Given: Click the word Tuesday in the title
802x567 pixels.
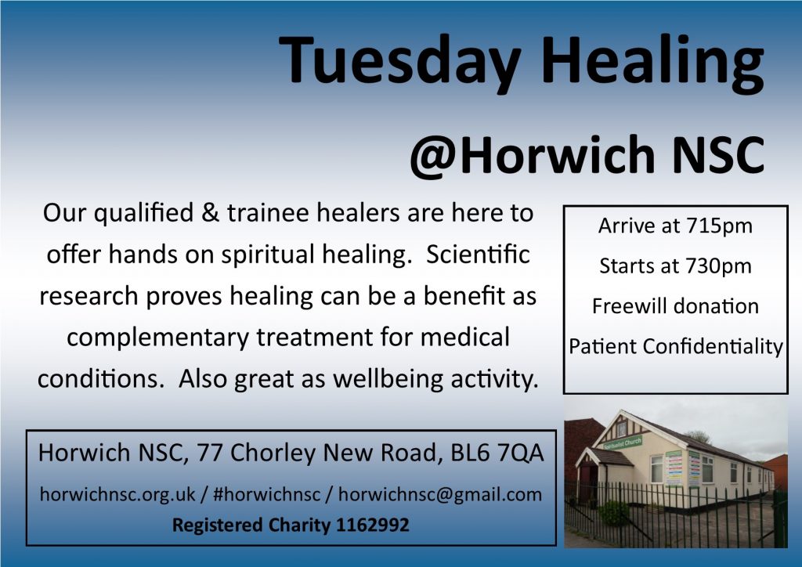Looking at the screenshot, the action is point(400,61).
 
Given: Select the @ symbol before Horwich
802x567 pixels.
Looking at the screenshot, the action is point(434,157).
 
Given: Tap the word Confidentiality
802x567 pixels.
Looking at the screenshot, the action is point(713,347).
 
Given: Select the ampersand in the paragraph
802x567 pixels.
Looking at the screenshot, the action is point(210,213).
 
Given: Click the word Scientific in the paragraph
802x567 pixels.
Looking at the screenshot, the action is point(478,254).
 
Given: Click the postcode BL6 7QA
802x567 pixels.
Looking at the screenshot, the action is point(497,453).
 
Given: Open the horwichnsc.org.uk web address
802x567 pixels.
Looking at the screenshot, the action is point(117,494).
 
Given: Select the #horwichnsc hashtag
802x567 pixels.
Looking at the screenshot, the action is point(266,494).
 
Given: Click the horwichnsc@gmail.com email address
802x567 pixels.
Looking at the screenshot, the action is point(440,495).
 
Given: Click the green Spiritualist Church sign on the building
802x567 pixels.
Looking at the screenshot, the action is point(622,442).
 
